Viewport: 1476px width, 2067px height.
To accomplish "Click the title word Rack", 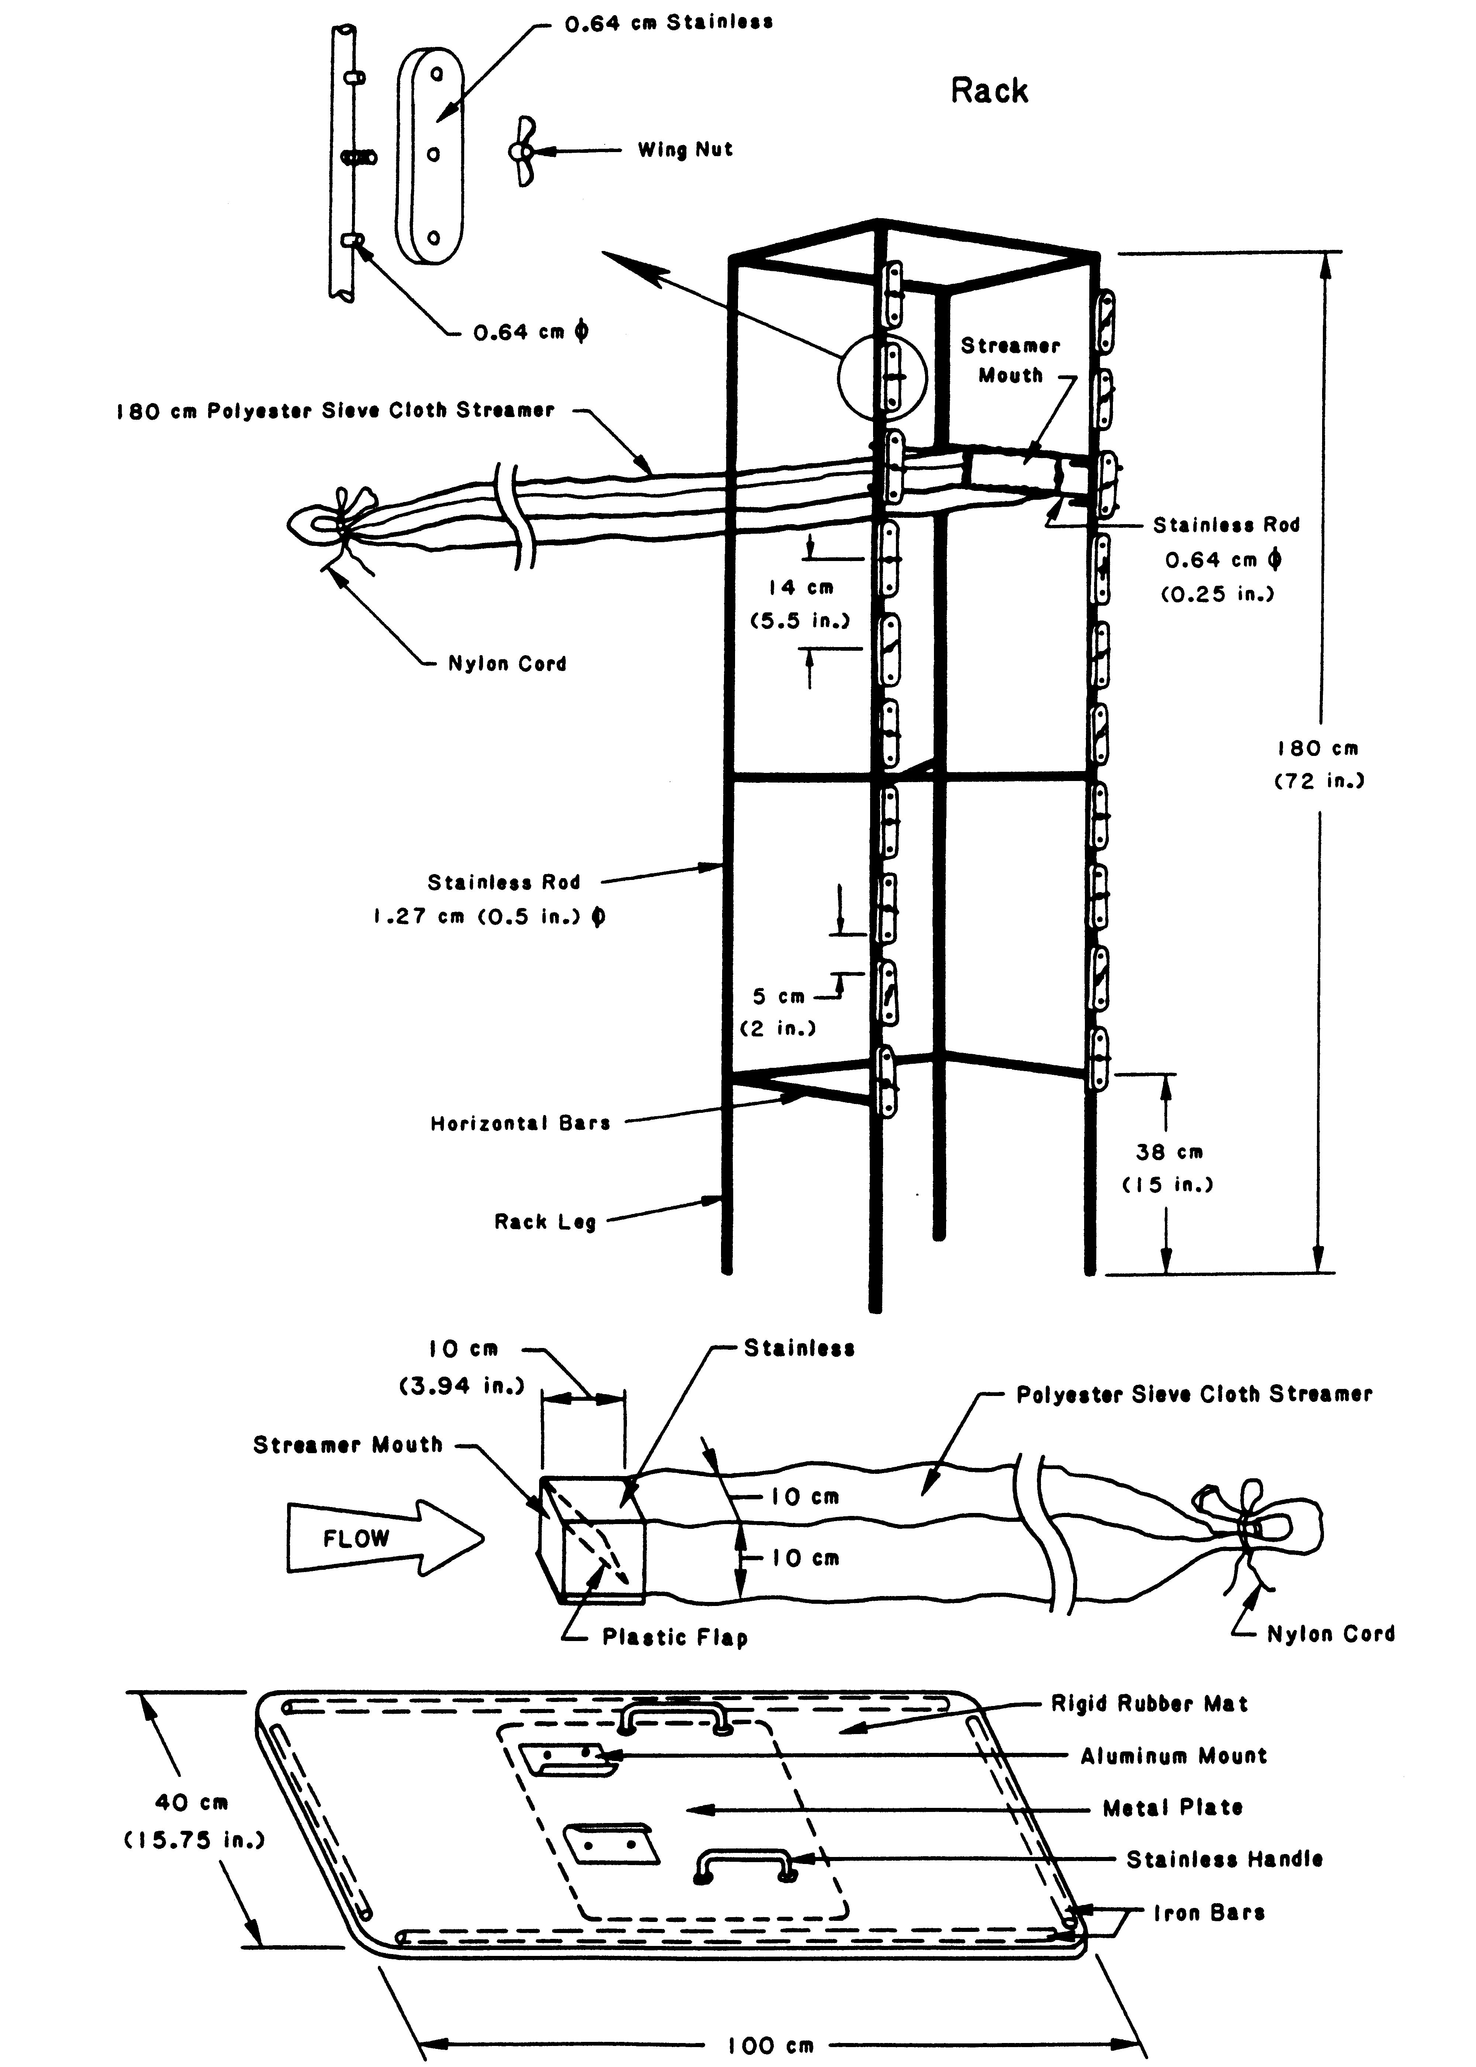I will [989, 91].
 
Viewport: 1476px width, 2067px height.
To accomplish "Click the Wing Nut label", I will [684, 150].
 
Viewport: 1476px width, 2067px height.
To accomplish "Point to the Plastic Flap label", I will [675, 1637].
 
